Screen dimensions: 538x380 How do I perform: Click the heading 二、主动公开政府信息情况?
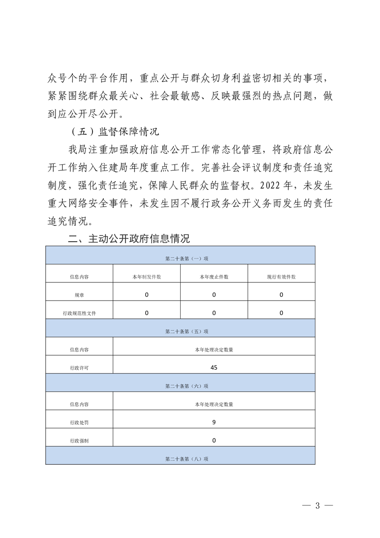129,239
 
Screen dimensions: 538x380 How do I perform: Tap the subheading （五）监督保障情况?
114,131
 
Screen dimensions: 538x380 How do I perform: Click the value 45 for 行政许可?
214,368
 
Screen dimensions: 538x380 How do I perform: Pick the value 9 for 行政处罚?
214,422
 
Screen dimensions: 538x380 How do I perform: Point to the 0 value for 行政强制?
214,440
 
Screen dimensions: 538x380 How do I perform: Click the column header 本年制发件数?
147,277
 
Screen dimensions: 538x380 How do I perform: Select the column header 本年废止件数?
214,277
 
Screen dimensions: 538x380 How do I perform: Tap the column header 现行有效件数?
281,277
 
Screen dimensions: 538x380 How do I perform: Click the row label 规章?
79,295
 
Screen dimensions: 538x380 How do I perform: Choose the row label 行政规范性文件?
79,313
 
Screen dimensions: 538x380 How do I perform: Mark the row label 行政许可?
79,368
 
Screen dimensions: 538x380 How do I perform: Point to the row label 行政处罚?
79,423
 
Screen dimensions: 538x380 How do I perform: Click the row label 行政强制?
79,441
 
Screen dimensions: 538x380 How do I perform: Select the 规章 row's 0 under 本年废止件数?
214,295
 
